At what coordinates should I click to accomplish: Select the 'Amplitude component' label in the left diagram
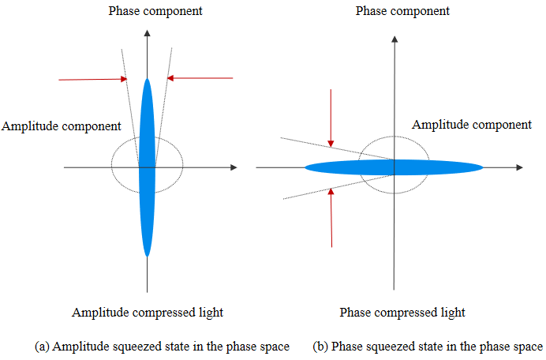[62, 126]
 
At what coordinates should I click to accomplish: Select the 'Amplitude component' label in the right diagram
[472, 125]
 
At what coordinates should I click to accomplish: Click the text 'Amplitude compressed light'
[148, 313]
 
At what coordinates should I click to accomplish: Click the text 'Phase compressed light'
[402, 313]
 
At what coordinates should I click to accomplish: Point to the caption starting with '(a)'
[163, 346]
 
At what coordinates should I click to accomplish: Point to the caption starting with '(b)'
[427, 346]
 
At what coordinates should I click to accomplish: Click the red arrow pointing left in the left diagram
[200, 78]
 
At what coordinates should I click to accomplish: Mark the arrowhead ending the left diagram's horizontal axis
[233, 167]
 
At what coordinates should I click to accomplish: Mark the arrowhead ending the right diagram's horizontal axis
[518, 167]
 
